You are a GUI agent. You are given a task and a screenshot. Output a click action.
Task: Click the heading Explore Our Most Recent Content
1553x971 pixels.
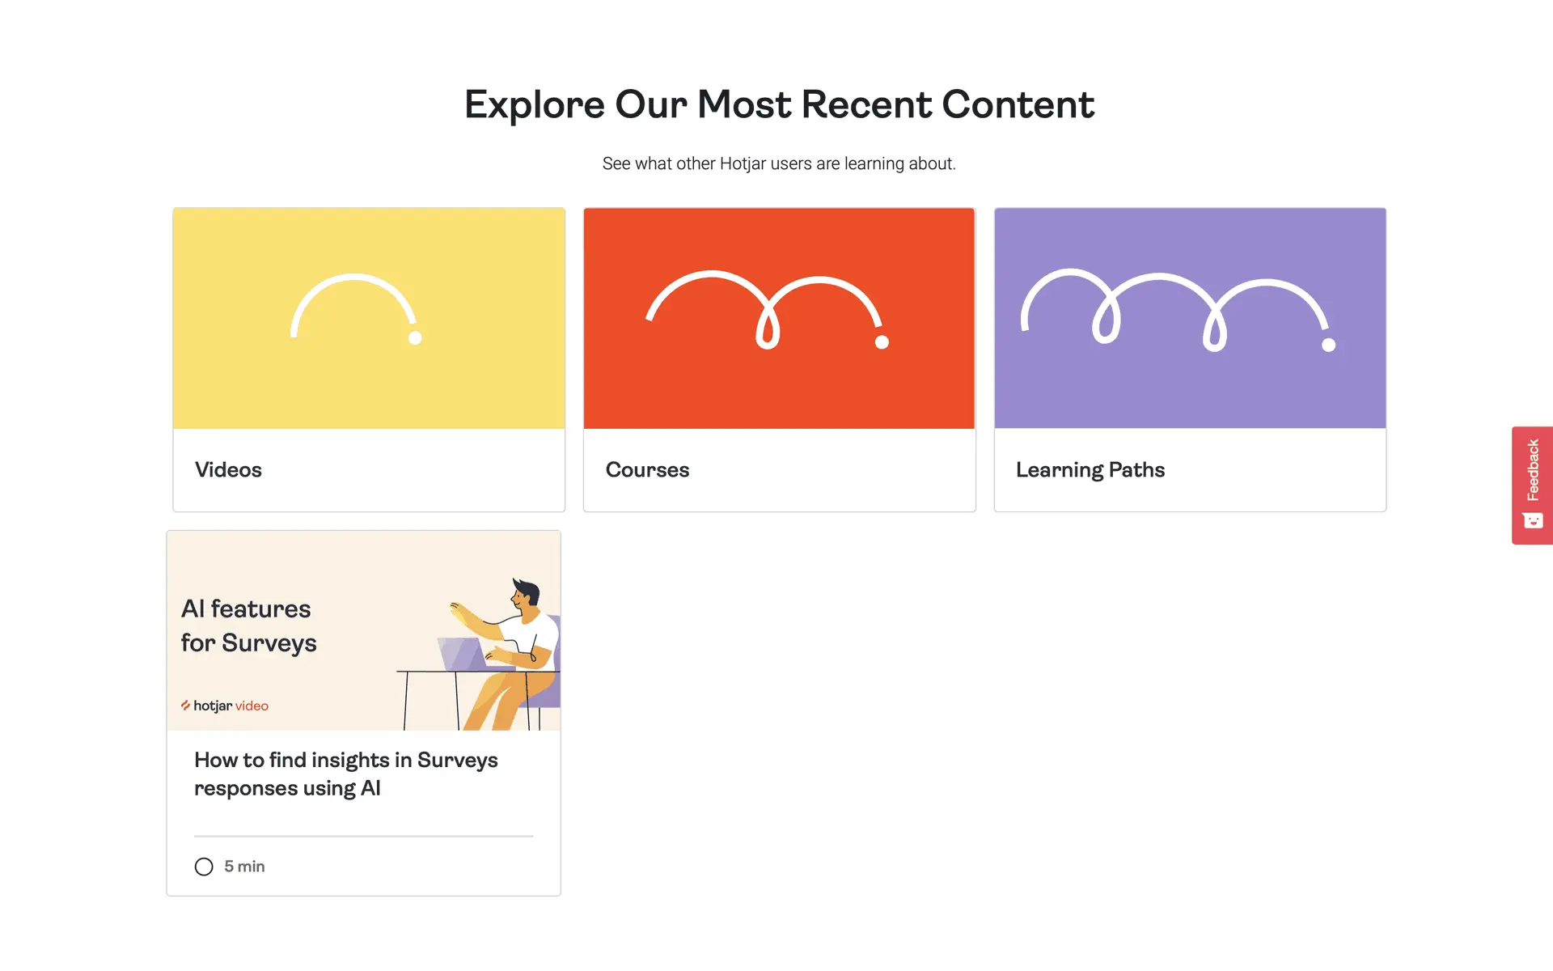point(779,105)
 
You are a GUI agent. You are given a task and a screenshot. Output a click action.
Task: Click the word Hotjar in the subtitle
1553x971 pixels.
point(743,163)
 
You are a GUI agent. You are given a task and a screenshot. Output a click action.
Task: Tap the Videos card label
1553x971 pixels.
point(228,470)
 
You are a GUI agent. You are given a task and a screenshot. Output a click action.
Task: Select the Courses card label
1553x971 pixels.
point(647,470)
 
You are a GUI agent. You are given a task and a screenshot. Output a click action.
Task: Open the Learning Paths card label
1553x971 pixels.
point(1090,470)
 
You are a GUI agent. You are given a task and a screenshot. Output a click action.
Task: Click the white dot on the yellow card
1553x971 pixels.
point(415,337)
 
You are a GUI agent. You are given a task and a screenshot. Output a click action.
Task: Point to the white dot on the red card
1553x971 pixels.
point(882,342)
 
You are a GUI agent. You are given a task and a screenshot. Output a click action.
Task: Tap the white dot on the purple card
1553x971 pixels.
point(1328,345)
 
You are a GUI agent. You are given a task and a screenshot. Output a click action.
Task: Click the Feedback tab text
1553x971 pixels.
point(1533,470)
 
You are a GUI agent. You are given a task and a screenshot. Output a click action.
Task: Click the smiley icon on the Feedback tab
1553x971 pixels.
point(1533,520)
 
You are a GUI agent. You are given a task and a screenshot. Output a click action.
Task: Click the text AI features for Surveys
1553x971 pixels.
point(248,625)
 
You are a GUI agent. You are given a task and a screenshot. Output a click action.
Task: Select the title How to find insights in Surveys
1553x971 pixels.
point(346,761)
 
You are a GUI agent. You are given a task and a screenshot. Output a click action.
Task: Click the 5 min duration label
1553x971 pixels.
point(244,867)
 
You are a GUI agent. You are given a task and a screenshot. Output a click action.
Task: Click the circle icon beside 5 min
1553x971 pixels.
point(204,867)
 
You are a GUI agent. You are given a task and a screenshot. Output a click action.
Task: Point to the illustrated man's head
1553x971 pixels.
point(525,595)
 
